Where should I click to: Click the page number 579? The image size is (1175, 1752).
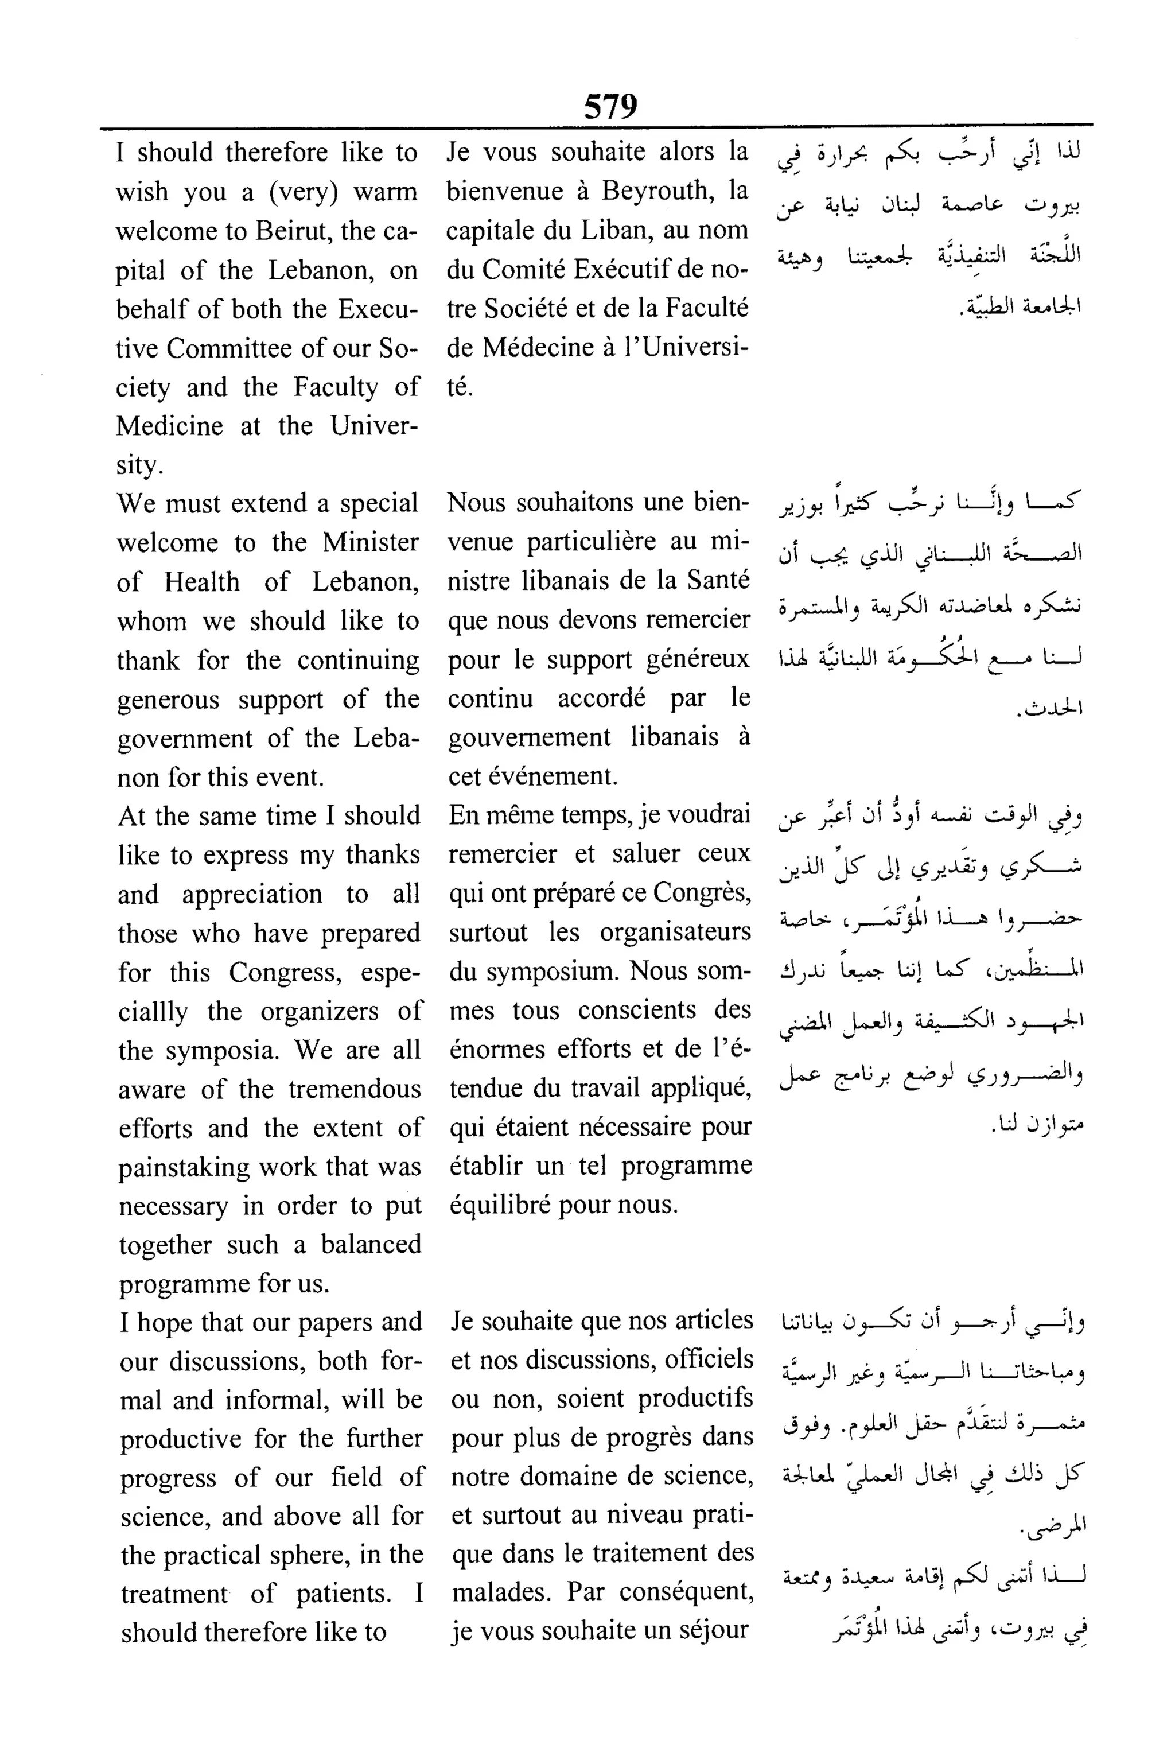point(610,106)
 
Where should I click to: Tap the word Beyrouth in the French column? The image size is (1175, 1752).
point(658,191)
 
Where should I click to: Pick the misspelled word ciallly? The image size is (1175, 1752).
point(152,1012)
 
